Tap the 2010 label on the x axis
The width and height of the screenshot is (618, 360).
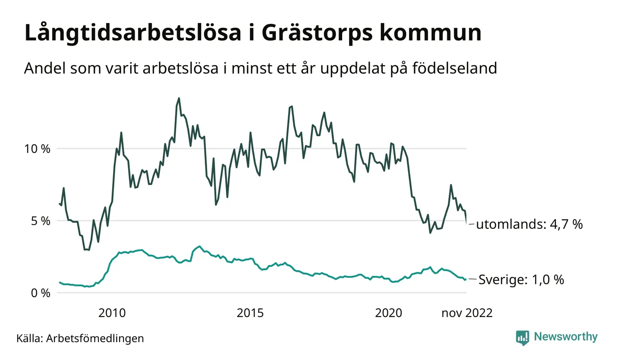112,313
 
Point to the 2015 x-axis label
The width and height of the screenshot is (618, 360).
250,313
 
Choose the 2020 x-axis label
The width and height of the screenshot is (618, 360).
388,313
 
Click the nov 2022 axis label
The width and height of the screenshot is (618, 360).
467,313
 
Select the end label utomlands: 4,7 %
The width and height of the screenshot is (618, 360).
529,225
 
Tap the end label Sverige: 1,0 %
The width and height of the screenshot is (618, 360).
521,280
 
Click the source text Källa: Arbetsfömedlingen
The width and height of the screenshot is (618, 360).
80,338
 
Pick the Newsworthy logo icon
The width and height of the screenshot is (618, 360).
523,337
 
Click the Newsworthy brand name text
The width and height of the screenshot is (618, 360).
565,337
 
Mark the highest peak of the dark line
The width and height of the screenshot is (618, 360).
179,98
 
